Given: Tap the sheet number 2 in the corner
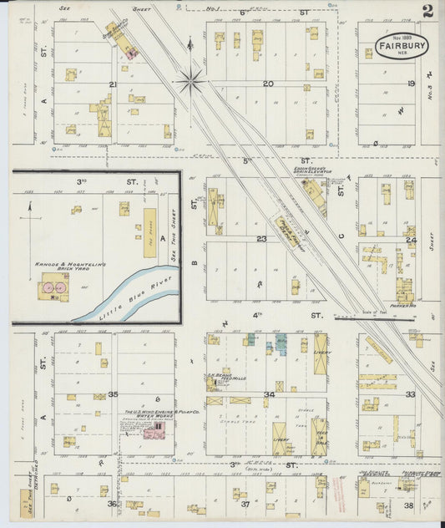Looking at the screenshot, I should (x=427, y=11).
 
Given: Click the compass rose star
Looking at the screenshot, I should (x=191, y=81).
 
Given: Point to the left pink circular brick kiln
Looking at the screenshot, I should (x=48, y=287).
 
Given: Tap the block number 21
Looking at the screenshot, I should (x=112, y=84).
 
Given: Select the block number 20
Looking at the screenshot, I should (x=268, y=84).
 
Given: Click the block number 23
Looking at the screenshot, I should (x=260, y=239).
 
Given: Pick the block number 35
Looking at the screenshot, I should (x=113, y=393).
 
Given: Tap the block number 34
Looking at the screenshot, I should (x=269, y=394).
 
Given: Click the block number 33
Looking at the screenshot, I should (x=410, y=393).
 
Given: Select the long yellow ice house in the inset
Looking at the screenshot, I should (x=149, y=233).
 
